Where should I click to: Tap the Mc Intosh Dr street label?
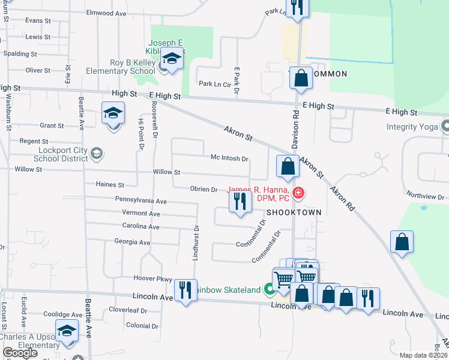click(x=229, y=158)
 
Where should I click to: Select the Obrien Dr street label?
click(x=203, y=189)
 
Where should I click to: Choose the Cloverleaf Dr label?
click(x=128, y=310)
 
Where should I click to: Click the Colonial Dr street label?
click(x=142, y=326)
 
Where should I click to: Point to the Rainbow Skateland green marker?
click(x=270, y=290)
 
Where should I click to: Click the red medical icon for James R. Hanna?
click(x=298, y=193)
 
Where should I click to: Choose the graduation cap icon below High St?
click(x=113, y=113)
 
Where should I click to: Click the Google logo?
click(x=20, y=353)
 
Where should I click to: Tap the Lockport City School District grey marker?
click(x=96, y=154)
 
